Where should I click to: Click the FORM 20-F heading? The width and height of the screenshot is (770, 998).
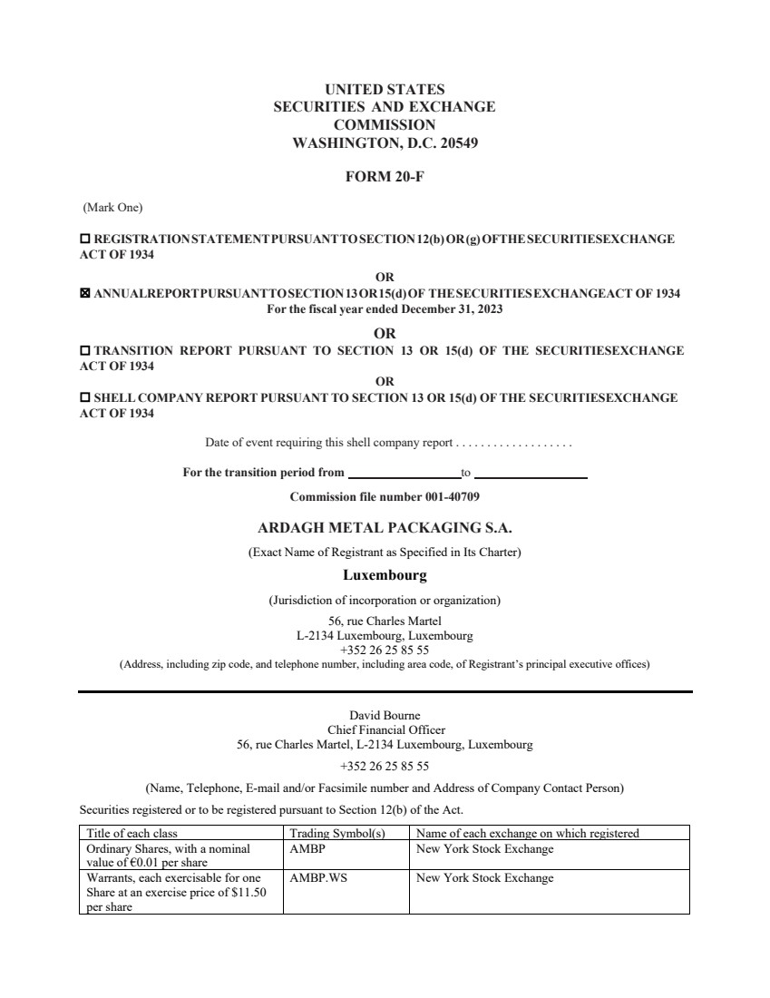(385, 177)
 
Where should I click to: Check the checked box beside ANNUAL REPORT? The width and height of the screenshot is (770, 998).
(85, 294)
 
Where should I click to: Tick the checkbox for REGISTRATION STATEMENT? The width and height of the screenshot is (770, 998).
(85, 240)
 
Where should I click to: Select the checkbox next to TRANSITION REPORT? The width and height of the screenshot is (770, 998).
(85, 350)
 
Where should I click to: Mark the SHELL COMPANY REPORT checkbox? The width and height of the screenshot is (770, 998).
(85, 397)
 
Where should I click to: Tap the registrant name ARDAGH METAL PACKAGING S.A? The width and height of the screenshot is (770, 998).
(385, 527)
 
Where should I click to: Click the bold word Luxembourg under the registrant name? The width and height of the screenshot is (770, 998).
(385, 575)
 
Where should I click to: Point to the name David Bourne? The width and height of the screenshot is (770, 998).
(385, 715)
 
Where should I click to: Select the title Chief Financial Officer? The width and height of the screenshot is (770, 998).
(385, 729)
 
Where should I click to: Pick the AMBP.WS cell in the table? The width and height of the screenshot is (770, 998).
(318, 878)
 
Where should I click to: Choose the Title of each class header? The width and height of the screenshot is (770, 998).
(132, 833)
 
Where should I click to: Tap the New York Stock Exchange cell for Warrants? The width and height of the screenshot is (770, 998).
(484, 878)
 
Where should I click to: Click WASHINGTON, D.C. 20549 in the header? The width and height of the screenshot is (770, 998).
(385, 142)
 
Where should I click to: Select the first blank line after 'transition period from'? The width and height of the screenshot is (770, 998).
(404, 473)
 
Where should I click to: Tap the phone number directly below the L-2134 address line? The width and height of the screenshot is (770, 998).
(385, 651)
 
